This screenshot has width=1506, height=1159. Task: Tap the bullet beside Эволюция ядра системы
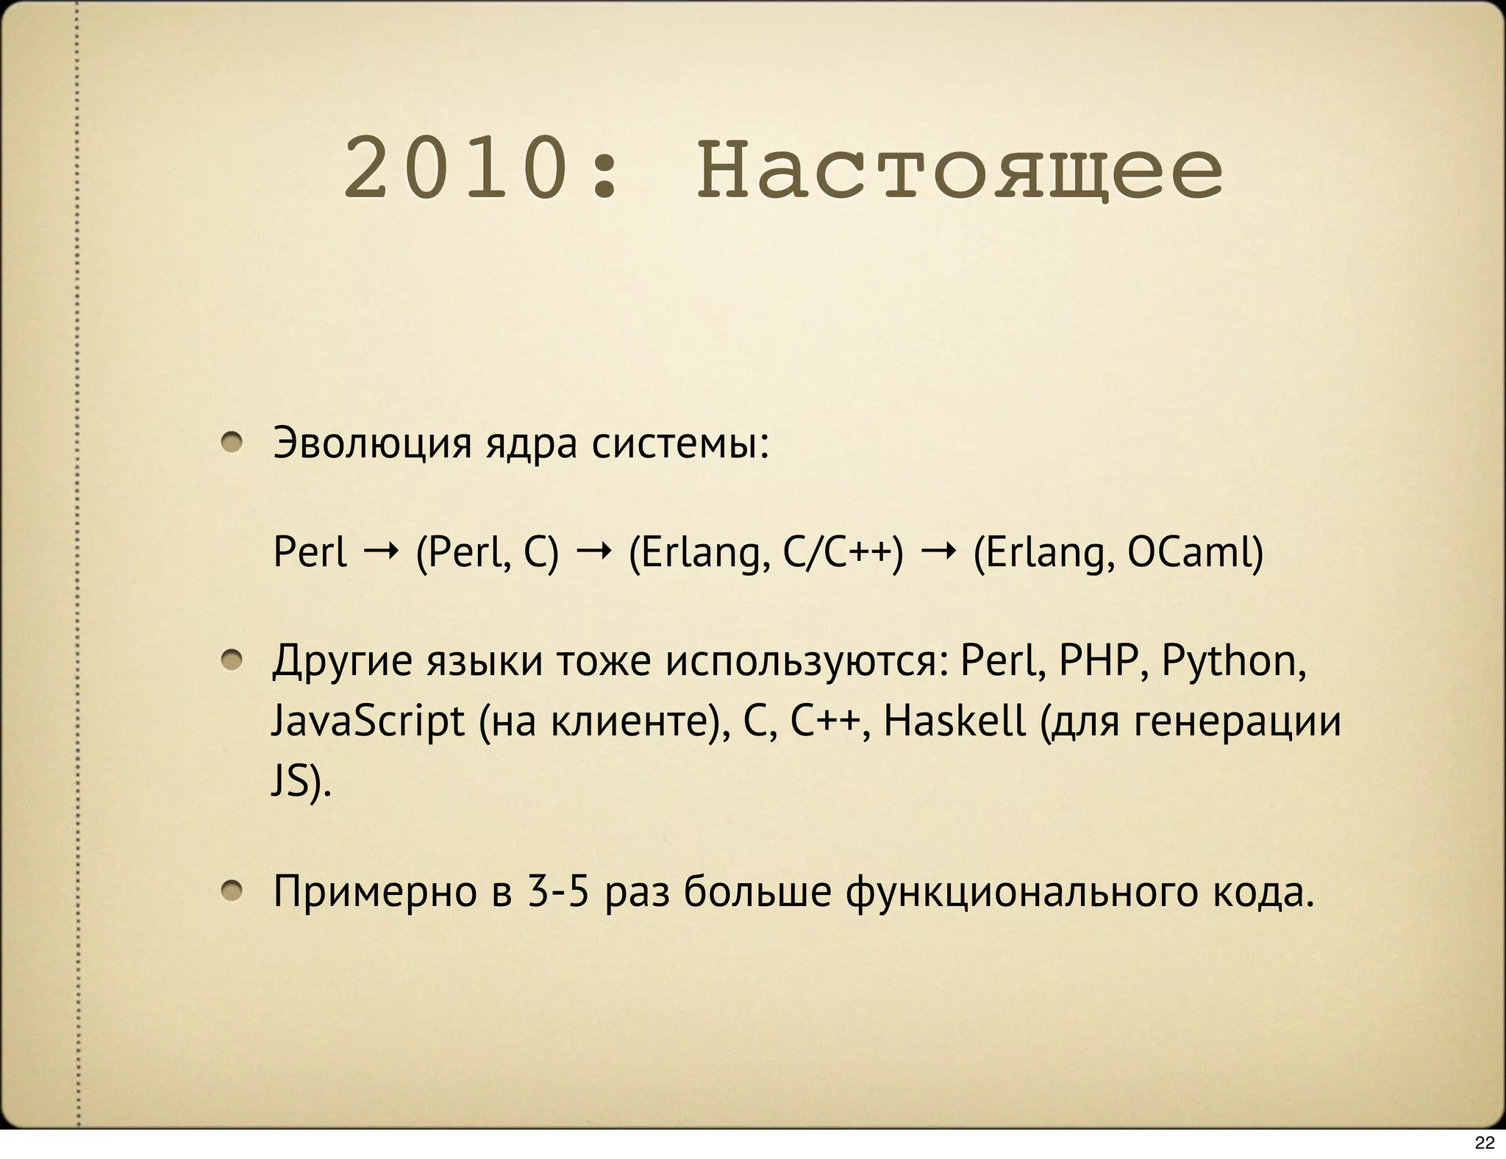pyautogui.click(x=232, y=442)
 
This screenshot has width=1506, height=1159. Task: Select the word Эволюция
pyautogui.click(x=371, y=443)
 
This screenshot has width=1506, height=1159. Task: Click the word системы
pyautogui.click(x=680, y=443)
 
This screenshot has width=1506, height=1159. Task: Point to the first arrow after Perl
pyautogui.click(x=381, y=549)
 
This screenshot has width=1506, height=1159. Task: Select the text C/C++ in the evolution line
pyautogui.click(x=843, y=552)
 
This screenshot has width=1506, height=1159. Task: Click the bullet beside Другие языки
pyautogui.click(x=232, y=660)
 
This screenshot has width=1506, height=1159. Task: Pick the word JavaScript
pyautogui.click(x=368, y=721)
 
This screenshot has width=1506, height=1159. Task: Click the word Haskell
pyautogui.click(x=954, y=720)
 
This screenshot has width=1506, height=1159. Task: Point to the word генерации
pyautogui.click(x=1238, y=721)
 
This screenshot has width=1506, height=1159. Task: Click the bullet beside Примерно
pyautogui.click(x=232, y=891)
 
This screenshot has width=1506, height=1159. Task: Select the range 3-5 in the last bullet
pyautogui.click(x=559, y=891)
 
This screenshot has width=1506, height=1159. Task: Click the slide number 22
pyautogui.click(x=1485, y=1142)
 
